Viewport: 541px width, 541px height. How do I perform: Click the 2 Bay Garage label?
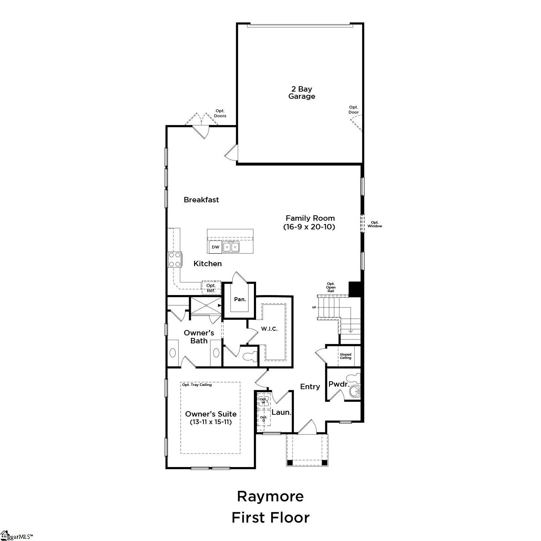coord(302,93)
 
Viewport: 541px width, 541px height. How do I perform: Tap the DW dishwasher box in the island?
coord(215,247)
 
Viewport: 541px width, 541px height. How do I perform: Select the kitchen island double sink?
coord(231,247)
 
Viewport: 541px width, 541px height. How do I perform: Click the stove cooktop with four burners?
coord(175,259)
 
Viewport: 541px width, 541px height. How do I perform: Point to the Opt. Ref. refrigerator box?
coord(211,288)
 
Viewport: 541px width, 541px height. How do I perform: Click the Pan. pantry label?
coord(240,299)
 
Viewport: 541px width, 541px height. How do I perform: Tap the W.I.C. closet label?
coord(269,329)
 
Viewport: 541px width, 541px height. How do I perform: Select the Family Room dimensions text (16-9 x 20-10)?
coord(309,227)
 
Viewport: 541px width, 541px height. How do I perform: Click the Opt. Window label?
coord(375,224)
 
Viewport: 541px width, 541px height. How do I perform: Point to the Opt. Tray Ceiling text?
coord(197,385)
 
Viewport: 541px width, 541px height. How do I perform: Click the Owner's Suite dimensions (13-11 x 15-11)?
coord(211,422)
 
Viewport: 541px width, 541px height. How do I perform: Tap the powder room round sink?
coord(355,391)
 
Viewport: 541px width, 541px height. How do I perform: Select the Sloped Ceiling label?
coord(346,356)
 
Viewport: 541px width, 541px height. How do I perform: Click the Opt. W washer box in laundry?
coord(263,401)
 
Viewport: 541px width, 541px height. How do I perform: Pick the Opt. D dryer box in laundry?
coord(264,419)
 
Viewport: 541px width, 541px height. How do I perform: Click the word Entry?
coord(310,387)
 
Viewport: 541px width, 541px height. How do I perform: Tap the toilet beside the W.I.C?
coord(250,356)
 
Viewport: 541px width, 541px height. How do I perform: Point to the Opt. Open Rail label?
coord(331,287)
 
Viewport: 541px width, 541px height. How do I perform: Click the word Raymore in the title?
coord(270,496)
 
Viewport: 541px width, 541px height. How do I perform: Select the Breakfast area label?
coord(201,200)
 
